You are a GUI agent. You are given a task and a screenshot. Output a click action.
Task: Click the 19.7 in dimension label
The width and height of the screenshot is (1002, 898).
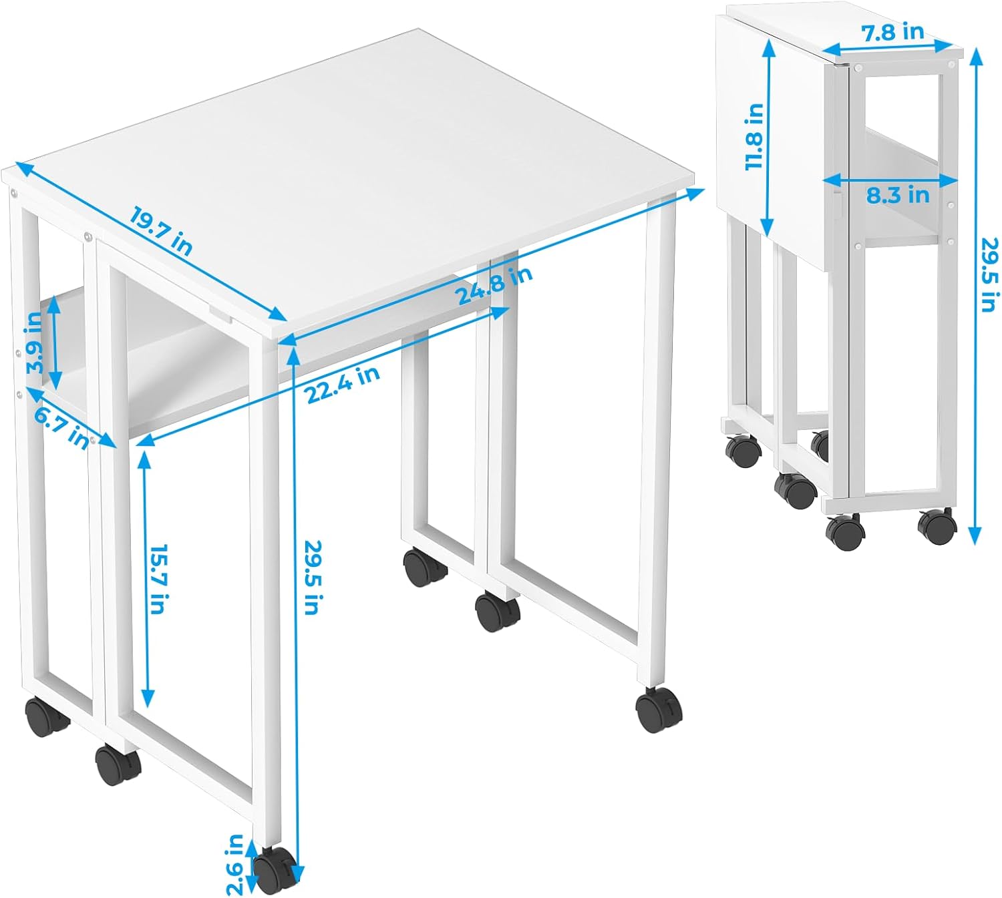[161, 232]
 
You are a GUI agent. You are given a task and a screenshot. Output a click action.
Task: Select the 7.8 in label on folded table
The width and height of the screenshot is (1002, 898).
[892, 32]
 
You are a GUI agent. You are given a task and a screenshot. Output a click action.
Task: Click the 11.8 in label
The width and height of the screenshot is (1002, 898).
[755, 136]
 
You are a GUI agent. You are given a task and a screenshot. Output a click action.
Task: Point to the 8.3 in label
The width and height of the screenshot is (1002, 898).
[898, 196]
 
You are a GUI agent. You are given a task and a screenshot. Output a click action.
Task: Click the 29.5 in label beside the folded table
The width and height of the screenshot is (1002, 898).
[987, 275]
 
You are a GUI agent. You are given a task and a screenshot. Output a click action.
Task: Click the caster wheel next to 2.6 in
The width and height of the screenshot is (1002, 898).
[275, 871]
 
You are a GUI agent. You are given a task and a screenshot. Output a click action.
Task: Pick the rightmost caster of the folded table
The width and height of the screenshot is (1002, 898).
[937, 527]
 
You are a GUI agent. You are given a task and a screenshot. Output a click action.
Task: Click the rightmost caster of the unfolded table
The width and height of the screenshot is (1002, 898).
[659, 710]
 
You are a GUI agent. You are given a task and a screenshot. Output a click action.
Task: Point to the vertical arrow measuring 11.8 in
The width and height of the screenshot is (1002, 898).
[768, 138]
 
